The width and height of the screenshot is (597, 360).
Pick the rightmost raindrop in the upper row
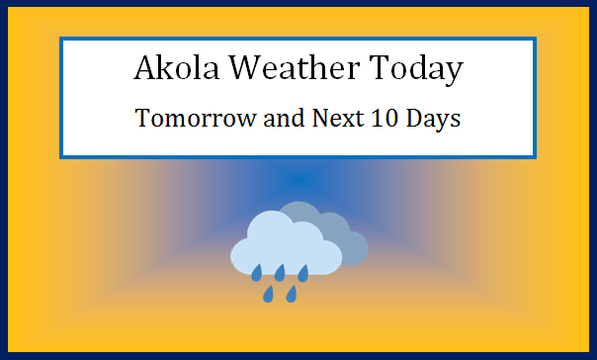click(303, 272)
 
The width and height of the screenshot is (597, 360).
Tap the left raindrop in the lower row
click(268, 294)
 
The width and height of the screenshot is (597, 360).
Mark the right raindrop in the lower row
click(292, 294)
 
